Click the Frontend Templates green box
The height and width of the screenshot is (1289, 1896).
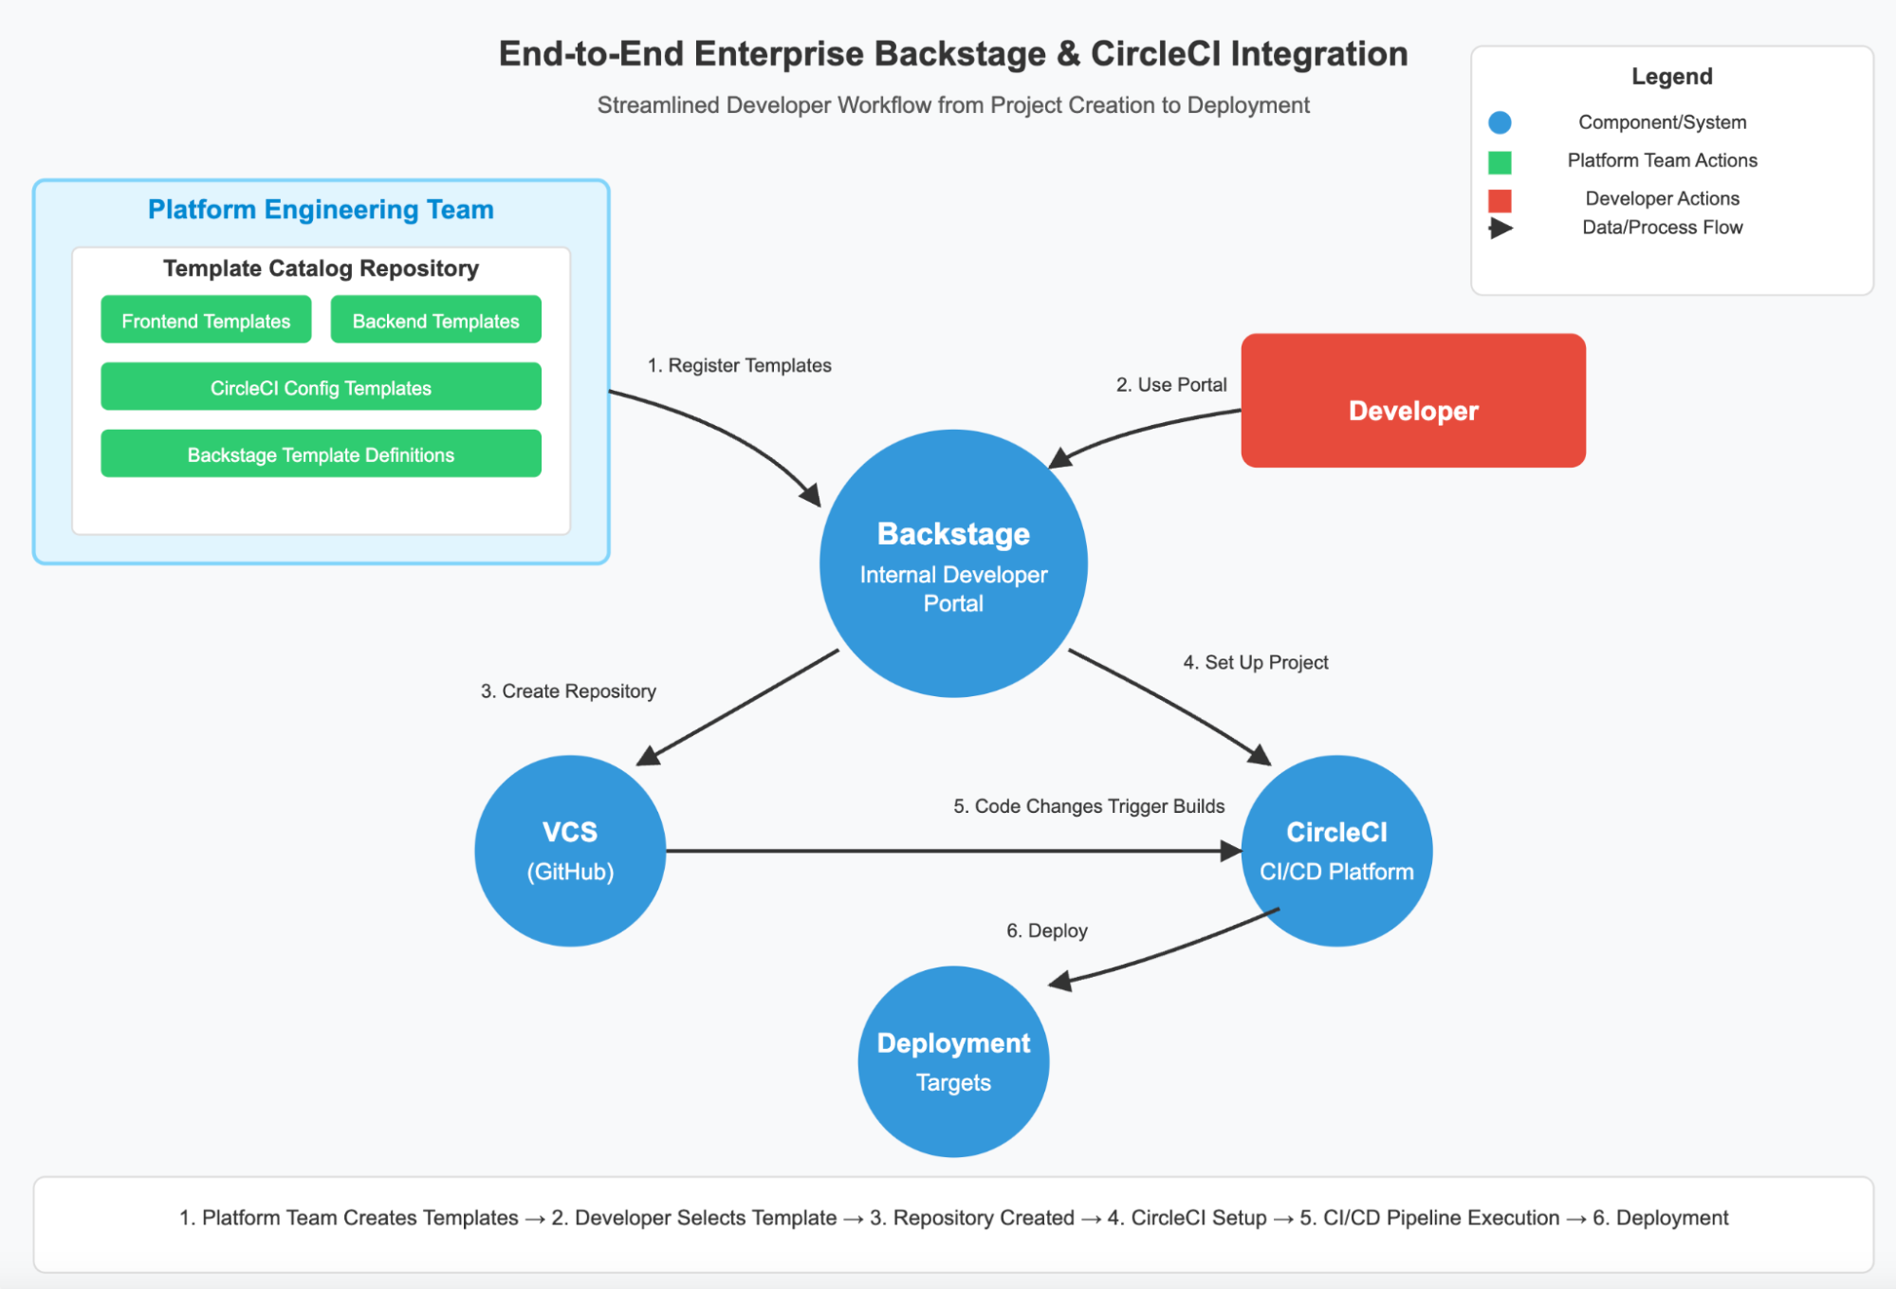[206, 321]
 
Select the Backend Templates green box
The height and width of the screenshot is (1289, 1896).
[435, 321]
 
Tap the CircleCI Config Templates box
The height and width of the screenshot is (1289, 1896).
[321, 387]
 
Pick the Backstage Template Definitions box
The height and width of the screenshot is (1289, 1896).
[321, 454]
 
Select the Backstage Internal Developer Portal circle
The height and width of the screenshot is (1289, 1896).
[953, 564]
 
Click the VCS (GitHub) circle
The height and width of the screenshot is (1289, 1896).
[570, 851]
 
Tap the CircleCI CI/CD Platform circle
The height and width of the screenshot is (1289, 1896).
[1336, 851]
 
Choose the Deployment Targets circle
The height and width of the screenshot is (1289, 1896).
[953, 1061]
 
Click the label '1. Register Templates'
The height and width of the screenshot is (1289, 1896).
[739, 365]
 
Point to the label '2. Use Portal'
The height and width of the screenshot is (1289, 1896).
[1170, 384]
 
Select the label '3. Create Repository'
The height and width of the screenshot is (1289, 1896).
[568, 691]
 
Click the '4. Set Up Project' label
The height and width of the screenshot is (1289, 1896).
[1255, 662]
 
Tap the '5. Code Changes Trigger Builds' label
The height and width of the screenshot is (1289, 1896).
[1088, 805]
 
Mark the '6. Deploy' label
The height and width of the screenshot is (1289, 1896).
[1046, 930]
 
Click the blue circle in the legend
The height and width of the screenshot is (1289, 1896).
[1500, 122]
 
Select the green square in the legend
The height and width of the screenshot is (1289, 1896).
[1500, 162]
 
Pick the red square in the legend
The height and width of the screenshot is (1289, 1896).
[1500, 200]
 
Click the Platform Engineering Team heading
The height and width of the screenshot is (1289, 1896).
[321, 210]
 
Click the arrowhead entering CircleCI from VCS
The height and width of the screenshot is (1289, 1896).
[1230, 851]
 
